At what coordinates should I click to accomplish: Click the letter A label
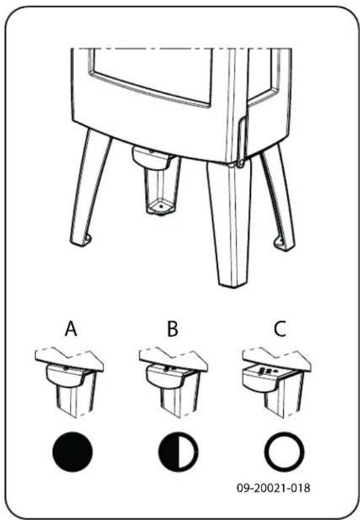coord(71,329)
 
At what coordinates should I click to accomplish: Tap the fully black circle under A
coord(71,452)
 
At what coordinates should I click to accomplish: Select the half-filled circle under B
coord(177,452)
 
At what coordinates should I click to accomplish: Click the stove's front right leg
coord(230,221)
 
